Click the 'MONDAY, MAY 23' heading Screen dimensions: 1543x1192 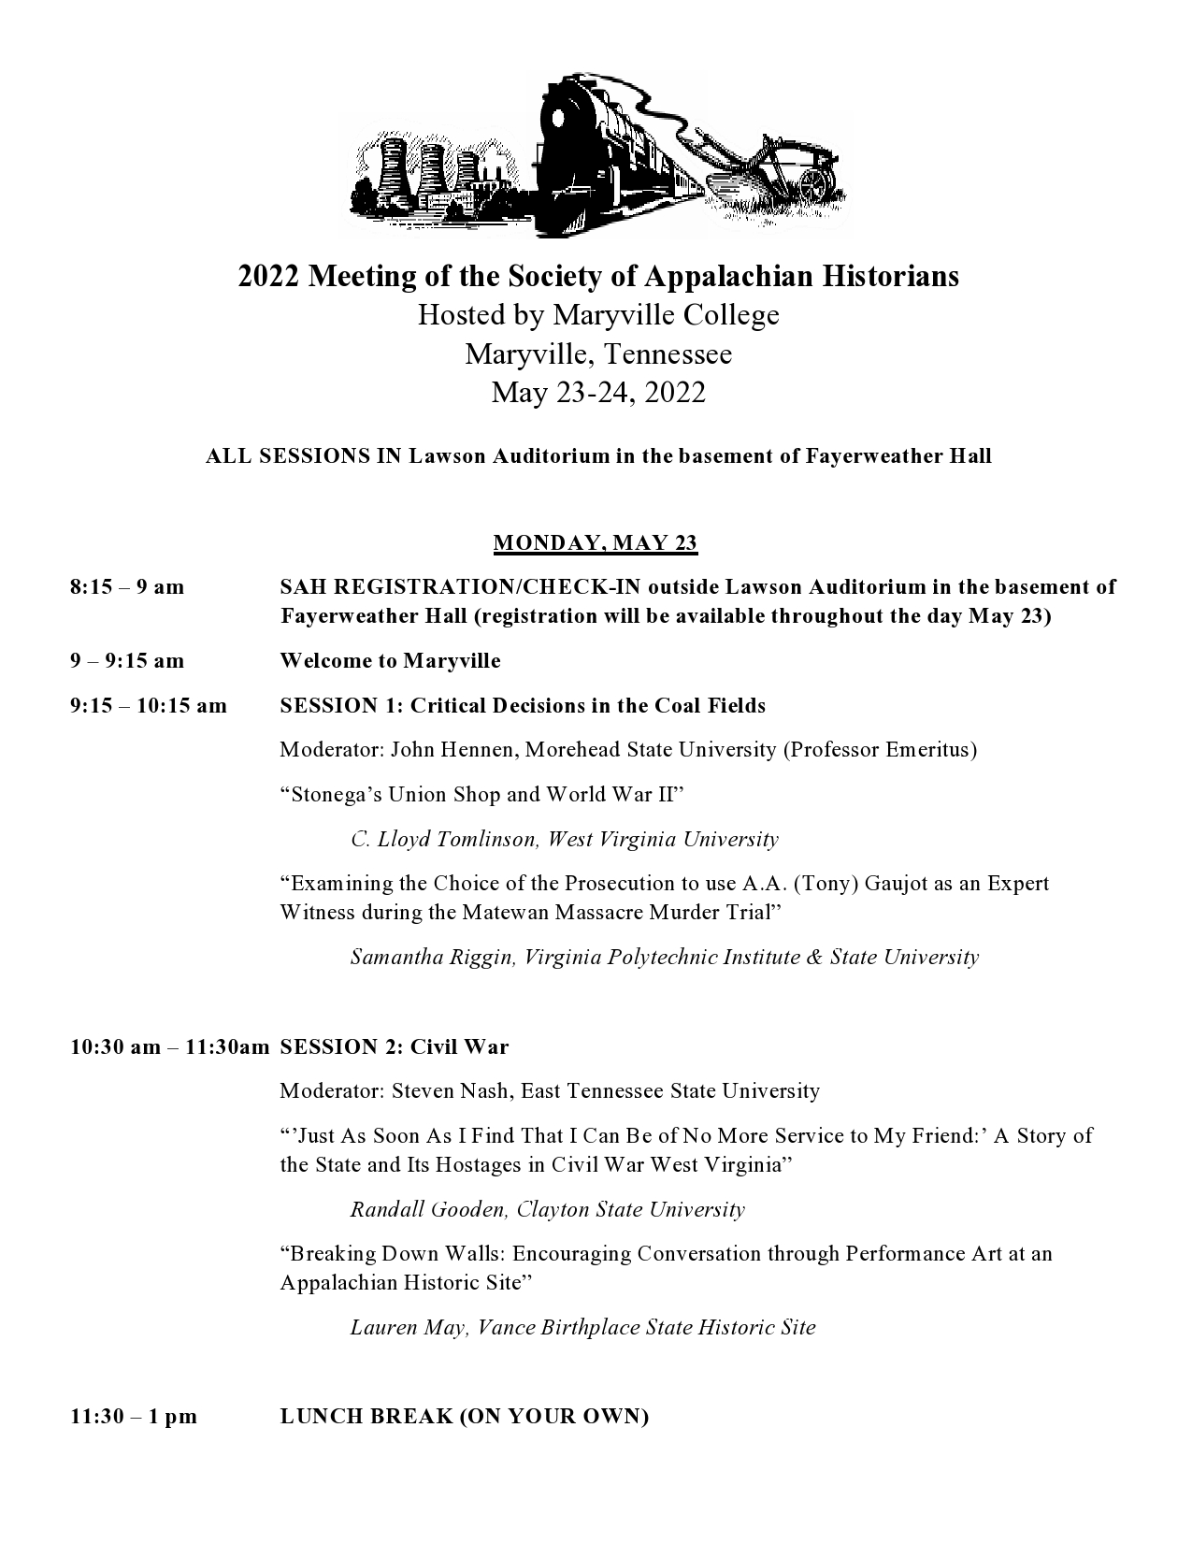(x=595, y=542)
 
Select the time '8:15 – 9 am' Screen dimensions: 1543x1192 (x=127, y=587)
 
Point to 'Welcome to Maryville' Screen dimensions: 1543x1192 (x=390, y=661)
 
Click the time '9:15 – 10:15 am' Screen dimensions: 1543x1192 (x=148, y=706)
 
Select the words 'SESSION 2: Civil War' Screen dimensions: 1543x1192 (x=394, y=1046)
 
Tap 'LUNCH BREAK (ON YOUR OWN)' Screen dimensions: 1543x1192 (x=465, y=1417)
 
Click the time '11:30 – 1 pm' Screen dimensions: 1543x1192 (x=134, y=1417)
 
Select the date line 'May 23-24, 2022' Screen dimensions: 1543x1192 (x=598, y=392)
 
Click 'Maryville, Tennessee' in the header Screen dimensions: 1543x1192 (x=598, y=354)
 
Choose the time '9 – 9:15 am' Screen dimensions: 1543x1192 (x=127, y=661)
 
